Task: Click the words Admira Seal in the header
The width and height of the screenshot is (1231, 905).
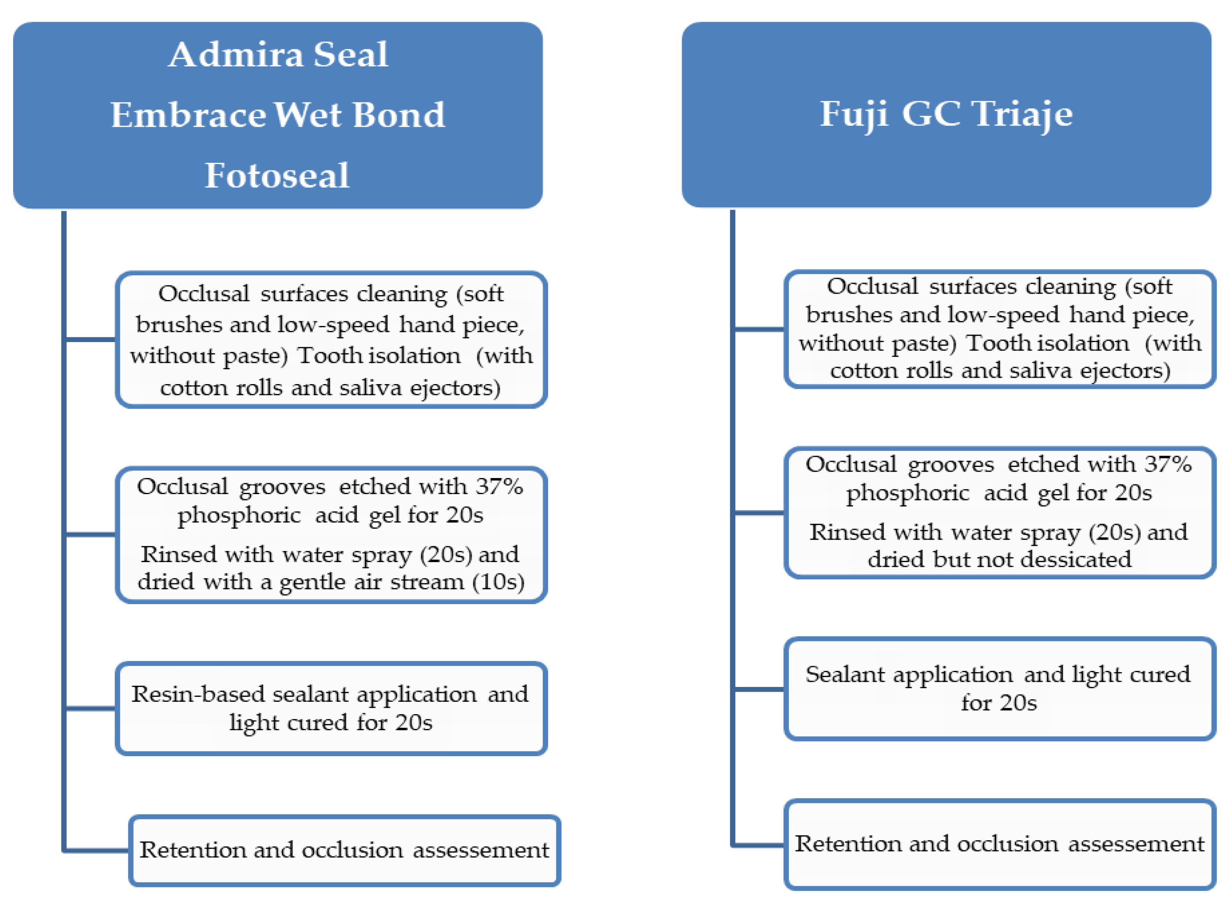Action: pos(278,55)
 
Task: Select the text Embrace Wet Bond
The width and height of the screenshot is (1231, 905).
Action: pos(278,115)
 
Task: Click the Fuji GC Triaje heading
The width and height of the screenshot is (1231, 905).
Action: pos(946,114)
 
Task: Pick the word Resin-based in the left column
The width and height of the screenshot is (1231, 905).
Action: pos(197,694)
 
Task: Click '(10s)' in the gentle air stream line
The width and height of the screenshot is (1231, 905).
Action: pos(498,581)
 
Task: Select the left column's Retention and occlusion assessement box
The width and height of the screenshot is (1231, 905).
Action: pos(344,850)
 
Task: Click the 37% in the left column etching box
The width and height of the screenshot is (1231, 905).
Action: pos(498,487)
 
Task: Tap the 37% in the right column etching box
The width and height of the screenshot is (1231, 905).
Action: pos(1167,465)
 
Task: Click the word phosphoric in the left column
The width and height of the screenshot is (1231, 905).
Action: pos(239,515)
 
